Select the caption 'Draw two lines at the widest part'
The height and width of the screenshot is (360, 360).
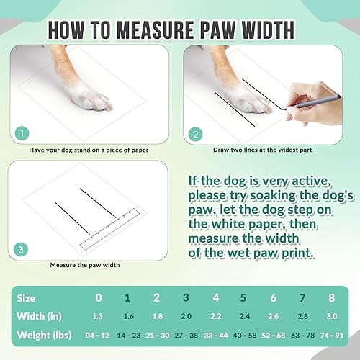260,150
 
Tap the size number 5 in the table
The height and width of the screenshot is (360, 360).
244,297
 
